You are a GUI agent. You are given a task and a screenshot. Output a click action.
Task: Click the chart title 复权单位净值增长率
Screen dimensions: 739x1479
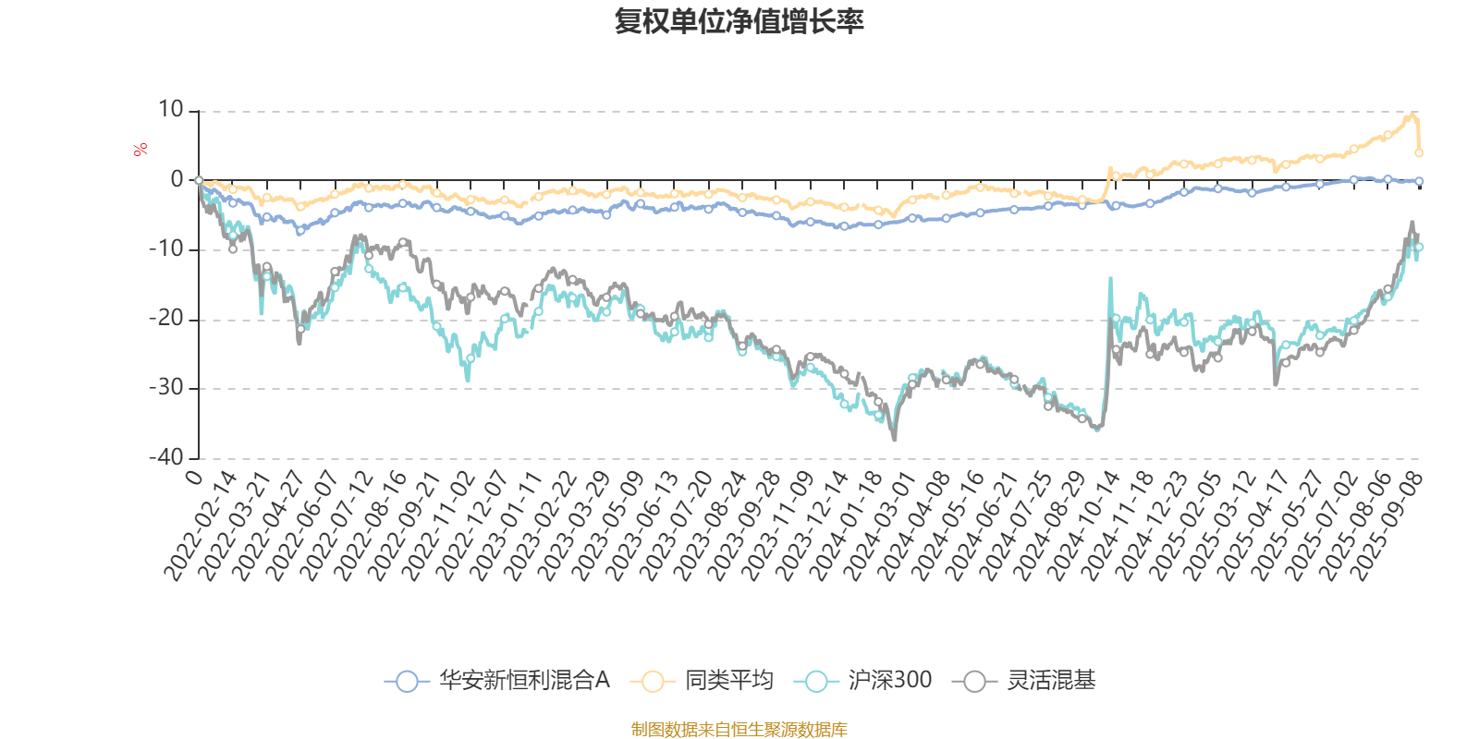pos(739,21)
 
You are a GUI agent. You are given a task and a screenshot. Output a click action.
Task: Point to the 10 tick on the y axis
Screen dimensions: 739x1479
pos(171,110)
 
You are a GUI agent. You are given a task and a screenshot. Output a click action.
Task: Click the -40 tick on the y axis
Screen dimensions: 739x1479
pos(166,457)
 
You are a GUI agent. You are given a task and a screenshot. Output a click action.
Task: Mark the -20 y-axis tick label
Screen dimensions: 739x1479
pos(166,319)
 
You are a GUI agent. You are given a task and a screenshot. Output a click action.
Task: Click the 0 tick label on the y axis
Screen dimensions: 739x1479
pos(177,180)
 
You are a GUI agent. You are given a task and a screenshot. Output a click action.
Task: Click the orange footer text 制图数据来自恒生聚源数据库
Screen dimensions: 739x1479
pos(739,730)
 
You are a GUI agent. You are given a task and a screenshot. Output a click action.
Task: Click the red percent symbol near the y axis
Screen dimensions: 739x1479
pos(141,150)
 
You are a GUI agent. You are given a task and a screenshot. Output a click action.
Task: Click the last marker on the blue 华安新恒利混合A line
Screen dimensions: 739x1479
pos(1419,181)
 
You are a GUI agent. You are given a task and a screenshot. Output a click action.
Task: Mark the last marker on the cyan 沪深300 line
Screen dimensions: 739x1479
pos(1419,248)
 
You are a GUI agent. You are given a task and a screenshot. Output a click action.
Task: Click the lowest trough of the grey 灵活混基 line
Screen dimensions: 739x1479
pos(894,440)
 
